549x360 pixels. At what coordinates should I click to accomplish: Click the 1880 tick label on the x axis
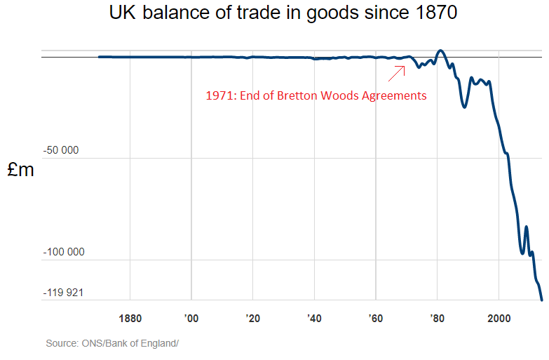130,318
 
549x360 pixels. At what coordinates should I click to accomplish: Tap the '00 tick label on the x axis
191,318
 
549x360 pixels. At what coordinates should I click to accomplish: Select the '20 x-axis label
253,318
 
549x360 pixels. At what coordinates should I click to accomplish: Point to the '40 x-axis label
314,318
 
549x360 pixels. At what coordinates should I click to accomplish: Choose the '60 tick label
376,318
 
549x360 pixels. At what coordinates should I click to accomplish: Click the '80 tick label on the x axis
438,318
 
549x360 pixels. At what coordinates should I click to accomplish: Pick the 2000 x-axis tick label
499,318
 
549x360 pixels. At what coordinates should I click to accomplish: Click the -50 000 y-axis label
60,150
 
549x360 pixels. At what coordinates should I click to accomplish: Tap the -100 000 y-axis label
63,252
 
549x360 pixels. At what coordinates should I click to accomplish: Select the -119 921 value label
63,292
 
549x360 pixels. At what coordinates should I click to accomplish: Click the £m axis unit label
21,170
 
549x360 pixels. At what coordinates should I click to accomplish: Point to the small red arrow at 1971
397,72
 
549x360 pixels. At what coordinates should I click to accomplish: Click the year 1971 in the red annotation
219,95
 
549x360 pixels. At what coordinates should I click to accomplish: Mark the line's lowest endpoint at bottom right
542,300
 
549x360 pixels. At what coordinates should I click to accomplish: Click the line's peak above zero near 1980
440,51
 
